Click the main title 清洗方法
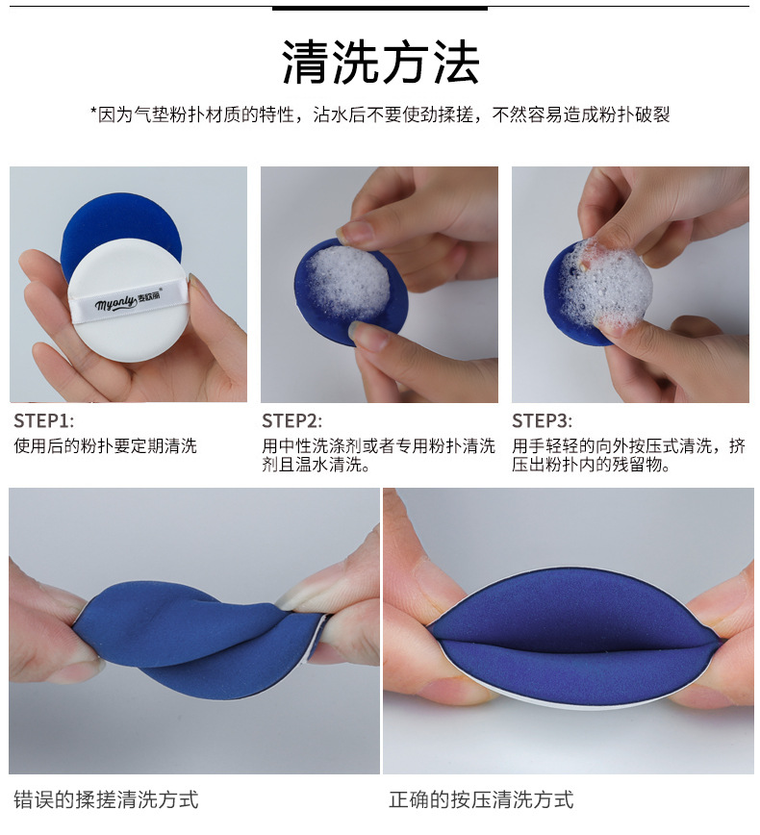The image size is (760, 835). (x=380, y=63)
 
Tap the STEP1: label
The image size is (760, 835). (x=43, y=420)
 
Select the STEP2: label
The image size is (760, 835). (x=291, y=420)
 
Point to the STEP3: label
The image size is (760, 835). (x=543, y=420)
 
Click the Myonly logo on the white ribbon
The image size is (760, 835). (x=128, y=302)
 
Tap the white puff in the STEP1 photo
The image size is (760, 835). (x=129, y=301)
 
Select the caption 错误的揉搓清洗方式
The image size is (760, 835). (x=106, y=799)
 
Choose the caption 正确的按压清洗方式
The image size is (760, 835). (x=481, y=799)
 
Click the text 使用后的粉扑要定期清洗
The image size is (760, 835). (x=106, y=445)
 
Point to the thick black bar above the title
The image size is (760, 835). (x=380, y=8)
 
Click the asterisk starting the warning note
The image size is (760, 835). (x=93, y=112)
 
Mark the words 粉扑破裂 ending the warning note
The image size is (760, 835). (x=634, y=114)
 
